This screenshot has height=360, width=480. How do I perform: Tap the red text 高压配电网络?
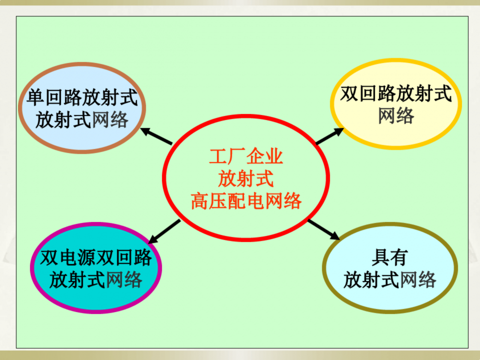[x=246, y=201]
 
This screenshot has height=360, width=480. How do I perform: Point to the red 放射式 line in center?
[x=246, y=179]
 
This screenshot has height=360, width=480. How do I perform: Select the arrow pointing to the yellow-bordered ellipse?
[x=330, y=136]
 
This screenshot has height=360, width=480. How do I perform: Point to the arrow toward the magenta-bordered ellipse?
[x=164, y=231]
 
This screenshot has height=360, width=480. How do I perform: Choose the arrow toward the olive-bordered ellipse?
[x=324, y=230]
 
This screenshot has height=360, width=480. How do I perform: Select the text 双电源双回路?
[x=96, y=258]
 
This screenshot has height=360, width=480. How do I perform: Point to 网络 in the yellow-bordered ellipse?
[x=396, y=116]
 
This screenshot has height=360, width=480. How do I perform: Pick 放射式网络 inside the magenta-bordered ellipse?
[x=96, y=280]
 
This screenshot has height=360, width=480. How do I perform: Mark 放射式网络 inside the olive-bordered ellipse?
[x=390, y=280]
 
